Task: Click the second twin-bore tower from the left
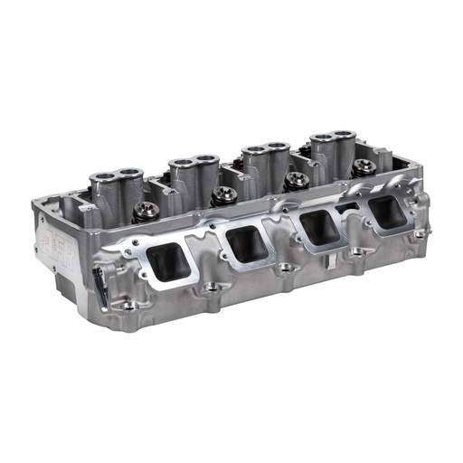point(193,164)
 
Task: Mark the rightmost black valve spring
point(364,165)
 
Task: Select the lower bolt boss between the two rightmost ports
point(354,250)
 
